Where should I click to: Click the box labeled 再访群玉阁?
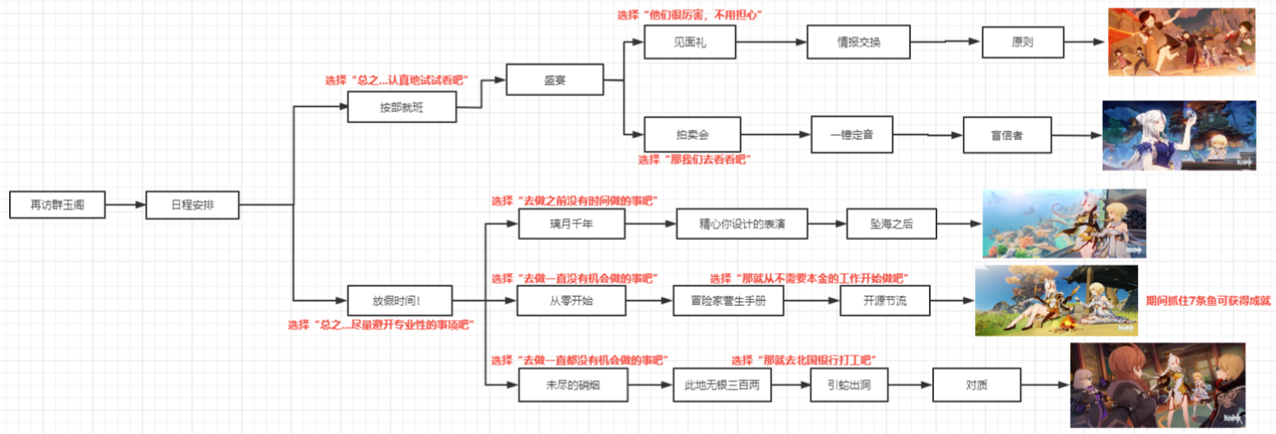(57, 205)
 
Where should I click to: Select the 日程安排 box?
(192, 205)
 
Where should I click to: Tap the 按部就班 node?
(401, 107)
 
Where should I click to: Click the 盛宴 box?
(554, 80)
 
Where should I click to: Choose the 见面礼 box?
(690, 42)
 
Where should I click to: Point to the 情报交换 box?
(858, 42)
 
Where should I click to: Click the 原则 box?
(1023, 42)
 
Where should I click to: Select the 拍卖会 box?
(692, 135)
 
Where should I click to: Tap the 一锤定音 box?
(852, 135)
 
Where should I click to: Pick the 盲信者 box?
(1007, 135)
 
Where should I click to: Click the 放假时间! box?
(400, 301)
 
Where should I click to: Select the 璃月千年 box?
(571, 224)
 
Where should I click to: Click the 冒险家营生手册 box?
(728, 300)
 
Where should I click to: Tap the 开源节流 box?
(885, 300)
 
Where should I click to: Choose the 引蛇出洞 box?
(848, 385)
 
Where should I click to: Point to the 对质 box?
(977, 385)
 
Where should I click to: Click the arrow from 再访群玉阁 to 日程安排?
(125, 205)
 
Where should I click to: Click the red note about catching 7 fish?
(1209, 301)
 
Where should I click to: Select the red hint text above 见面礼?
(690, 15)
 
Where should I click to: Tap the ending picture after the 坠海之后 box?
(1064, 224)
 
